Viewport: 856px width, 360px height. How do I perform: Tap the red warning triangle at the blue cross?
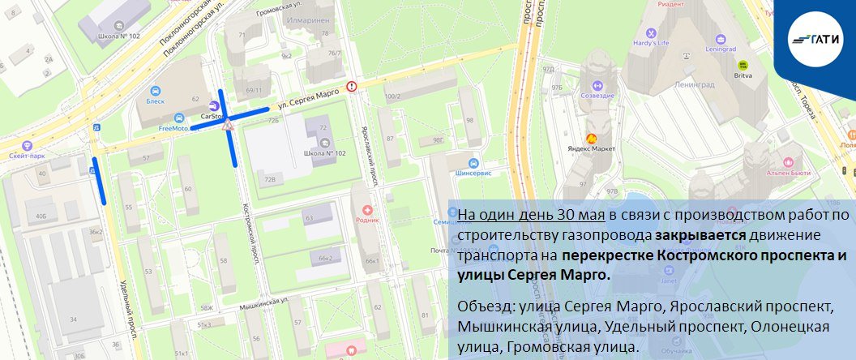coord(229,124)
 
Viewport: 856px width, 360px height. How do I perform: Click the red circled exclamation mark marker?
coord(351,86)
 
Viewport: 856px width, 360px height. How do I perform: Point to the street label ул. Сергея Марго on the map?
coord(307,98)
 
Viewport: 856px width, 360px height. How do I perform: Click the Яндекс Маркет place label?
coord(591,149)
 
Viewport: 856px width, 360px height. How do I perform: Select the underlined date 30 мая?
coord(580,214)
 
